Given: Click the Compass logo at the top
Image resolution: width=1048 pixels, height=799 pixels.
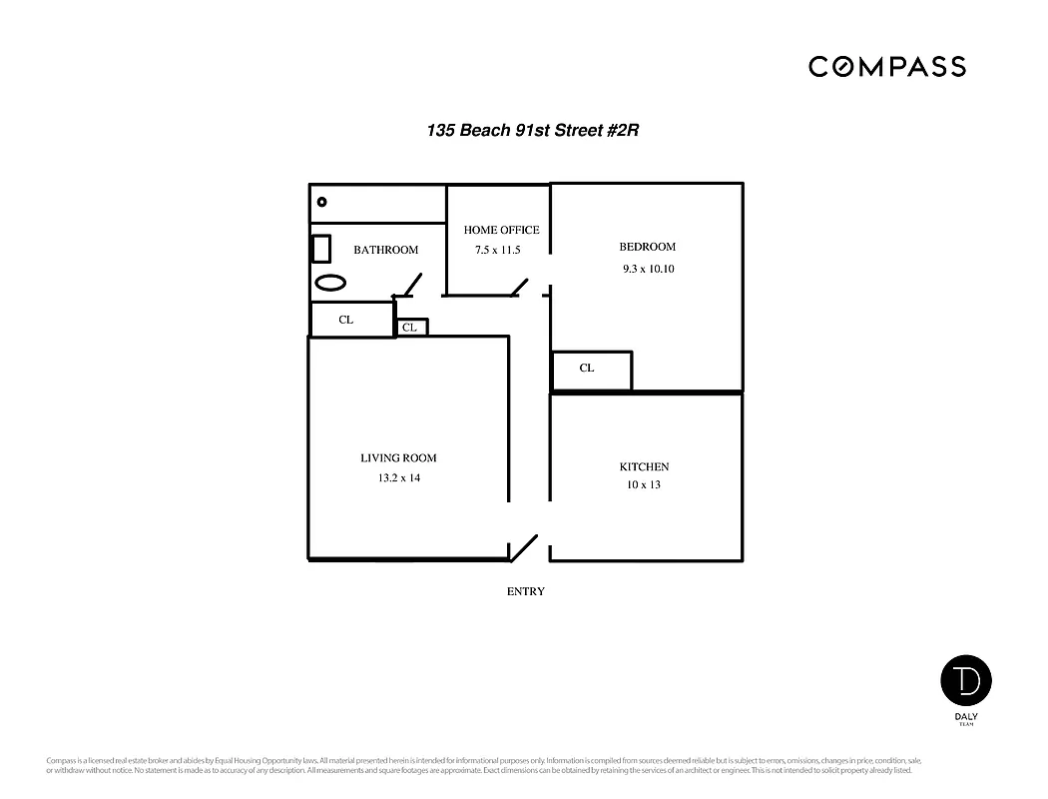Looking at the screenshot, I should pyautogui.click(x=886, y=67).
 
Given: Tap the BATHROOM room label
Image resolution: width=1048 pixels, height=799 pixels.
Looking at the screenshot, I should pyautogui.click(x=385, y=250).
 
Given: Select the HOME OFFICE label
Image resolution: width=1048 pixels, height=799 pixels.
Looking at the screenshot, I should pyautogui.click(x=501, y=230).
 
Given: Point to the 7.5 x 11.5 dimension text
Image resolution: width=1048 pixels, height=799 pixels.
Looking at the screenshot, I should pyautogui.click(x=497, y=250).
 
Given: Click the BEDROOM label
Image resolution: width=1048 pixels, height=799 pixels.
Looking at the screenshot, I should pyautogui.click(x=647, y=247).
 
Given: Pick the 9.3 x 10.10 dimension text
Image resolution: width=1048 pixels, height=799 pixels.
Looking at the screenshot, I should pyautogui.click(x=648, y=269).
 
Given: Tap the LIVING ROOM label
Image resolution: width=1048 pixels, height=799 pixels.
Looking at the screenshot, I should pyautogui.click(x=398, y=458).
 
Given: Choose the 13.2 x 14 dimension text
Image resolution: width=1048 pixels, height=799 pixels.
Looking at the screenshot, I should pyautogui.click(x=398, y=478).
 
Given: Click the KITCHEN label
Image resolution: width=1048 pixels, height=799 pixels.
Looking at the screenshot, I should pyautogui.click(x=644, y=466).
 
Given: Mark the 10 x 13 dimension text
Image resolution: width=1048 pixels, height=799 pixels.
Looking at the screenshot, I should pyautogui.click(x=644, y=485).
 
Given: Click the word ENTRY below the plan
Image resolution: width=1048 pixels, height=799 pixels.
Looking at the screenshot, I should pyautogui.click(x=526, y=591).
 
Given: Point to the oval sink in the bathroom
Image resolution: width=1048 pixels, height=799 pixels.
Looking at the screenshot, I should pyautogui.click(x=330, y=282).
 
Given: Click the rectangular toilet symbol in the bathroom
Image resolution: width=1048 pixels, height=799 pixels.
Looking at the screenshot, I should pyautogui.click(x=321, y=248).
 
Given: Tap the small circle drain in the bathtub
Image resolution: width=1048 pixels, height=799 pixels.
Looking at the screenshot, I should pyautogui.click(x=321, y=202).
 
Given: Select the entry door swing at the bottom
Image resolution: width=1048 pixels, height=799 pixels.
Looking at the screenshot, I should pyautogui.click(x=525, y=548).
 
